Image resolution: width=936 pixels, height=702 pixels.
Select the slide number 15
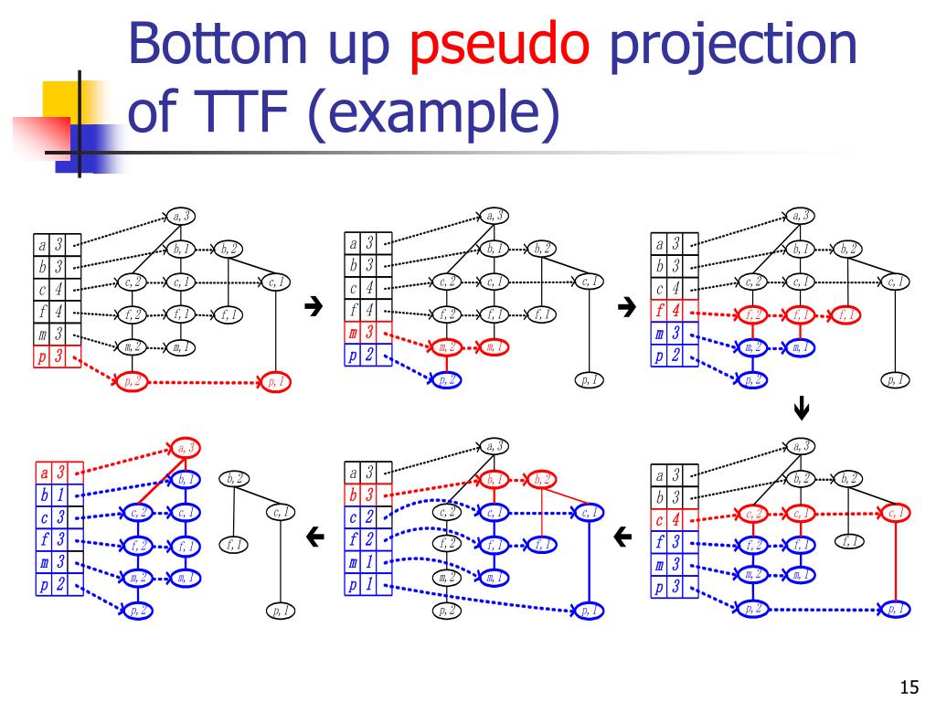click(908, 686)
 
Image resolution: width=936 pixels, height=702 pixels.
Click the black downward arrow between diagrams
click(802, 410)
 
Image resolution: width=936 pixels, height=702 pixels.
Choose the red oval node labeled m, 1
click(494, 347)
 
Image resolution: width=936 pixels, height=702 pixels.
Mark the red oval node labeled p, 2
click(133, 382)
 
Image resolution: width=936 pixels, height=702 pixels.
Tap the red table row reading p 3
click(50, 356)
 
